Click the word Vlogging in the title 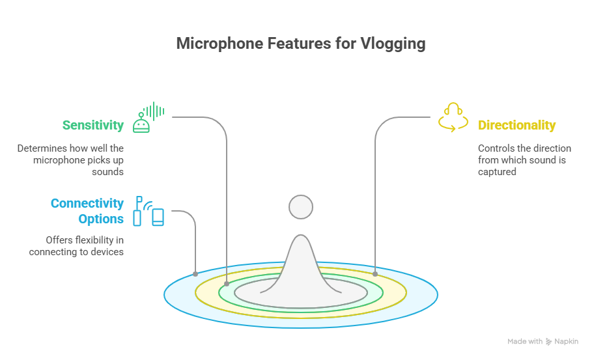tap(393, 44)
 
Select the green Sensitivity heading tap(93, 125)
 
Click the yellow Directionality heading tap(516, 125)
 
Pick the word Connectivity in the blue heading tap(87, 203)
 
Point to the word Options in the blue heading tap(101, 219)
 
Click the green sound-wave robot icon tap(148, 117)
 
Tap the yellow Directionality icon tap(453, 117)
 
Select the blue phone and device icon tap(148, 211)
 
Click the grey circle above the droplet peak tap(301, 207)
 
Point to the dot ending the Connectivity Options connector tap(195, 274)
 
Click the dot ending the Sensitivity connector tap(227, 284)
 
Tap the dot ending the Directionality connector tap(375, 274)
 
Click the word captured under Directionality tap(497, 172)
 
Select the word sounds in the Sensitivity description tap(107, 172)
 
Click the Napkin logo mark tap(548, 342)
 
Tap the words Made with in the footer tap(525, 342)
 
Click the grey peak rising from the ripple tap(301, 264)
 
